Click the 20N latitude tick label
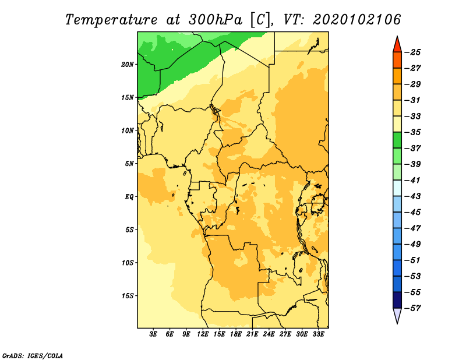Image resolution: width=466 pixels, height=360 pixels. tap(128, 65)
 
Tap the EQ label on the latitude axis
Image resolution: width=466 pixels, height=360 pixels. tap(129, 197)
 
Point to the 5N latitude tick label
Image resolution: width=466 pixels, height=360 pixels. tap(129, 164)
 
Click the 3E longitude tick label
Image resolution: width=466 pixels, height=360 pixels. tap(153, 334)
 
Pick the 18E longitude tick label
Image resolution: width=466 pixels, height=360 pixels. tap(236, 334)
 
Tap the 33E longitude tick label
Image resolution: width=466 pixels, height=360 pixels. tap(318, 334)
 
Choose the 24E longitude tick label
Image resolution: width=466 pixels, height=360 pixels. tap(269, 334)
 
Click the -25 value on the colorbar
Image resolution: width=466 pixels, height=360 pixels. tap(413, 52)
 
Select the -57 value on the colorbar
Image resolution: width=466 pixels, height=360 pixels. tap(413, 308)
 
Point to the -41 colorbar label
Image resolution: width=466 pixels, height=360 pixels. tap(413, 181)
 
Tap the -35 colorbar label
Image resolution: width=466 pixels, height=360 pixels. tap(413, 132)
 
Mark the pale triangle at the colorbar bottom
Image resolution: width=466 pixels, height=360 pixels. tap(397, 315)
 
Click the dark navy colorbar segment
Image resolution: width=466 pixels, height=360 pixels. tap(397, 300)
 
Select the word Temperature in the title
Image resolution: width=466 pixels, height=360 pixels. tap(111, 20)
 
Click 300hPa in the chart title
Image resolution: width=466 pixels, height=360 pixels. tap(215, 20)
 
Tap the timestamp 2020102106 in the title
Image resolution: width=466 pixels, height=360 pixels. tap(357, 20)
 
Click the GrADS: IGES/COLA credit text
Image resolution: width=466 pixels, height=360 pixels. tap(33, 355)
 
